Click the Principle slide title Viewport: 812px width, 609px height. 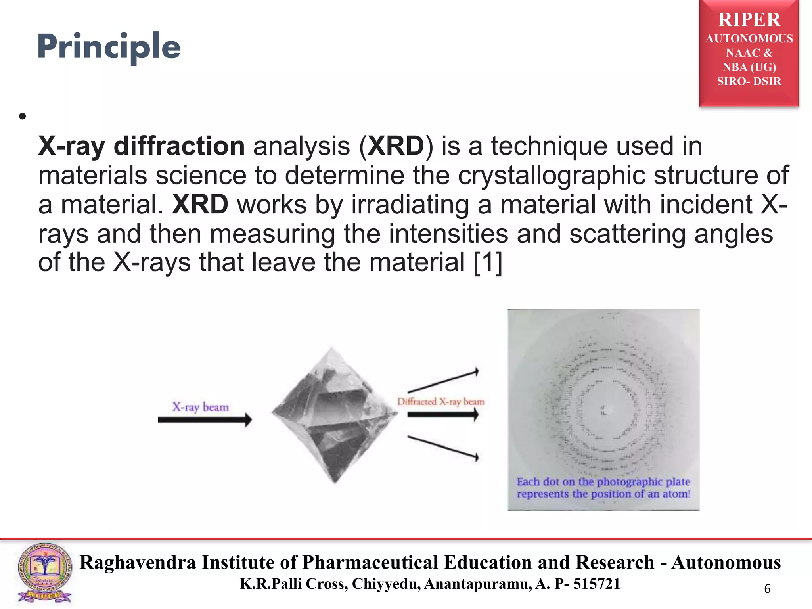[x=109, y=47]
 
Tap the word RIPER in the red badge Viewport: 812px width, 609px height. [x=749, y=20]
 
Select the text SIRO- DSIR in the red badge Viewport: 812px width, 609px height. [x=749, y=81]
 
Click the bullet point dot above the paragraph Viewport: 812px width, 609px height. [x=22, y=116]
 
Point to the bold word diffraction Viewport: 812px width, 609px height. [x=179, y=146]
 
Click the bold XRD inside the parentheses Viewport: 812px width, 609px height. [x=396, y=146]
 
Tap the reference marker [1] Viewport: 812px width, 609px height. [x=488, y=262]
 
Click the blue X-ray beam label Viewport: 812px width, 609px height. [x=200, y=407]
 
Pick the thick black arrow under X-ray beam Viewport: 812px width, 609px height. [x=205, y=419]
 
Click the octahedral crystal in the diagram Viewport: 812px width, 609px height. [x=334, y=414]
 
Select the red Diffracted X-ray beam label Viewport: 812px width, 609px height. [x=440, y=402]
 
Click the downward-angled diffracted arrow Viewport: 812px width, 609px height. [x=443, y=448]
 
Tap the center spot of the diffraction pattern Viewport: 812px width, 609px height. [x=603, y=410]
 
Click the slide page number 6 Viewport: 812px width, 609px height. [x=767, y=589]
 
